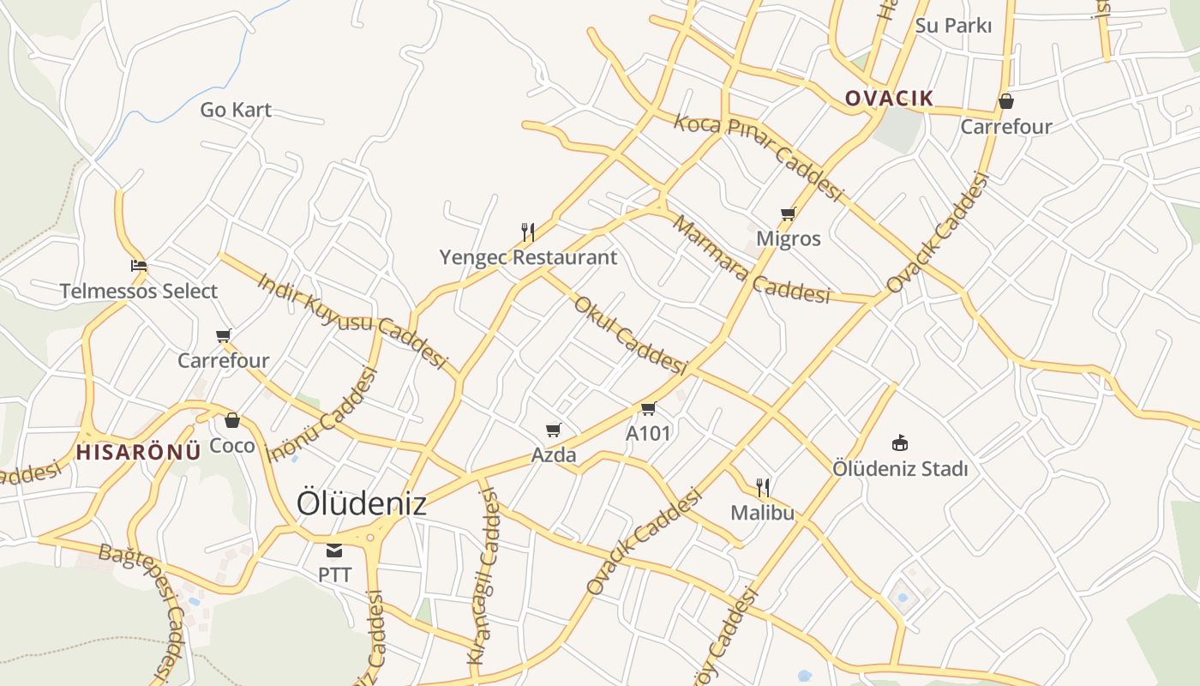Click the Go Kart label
(x=236, y=110)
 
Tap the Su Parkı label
(x=953, y=26)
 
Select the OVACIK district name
(x=889, y=98)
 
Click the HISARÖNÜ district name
(x=139, y=451)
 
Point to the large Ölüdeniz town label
(x=361, y=503)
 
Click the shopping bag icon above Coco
(x=231, y=420)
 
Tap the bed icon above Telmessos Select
(x=138, y=266)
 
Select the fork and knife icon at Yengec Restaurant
(x=528, y=232)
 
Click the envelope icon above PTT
(x=334, y=550)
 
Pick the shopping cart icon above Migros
(x=788, y=214)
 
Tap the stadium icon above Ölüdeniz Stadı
(x=899, y=443)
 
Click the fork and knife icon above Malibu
(x=762, y=488)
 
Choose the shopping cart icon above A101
(x=648, y=408)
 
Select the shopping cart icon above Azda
(x=554, y=430)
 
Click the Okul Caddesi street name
(x=630, y=336)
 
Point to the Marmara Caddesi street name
(x=751, y=261)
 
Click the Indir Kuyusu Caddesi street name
(x=352, y=321)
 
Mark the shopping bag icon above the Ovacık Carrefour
(x=1006, y=101)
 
